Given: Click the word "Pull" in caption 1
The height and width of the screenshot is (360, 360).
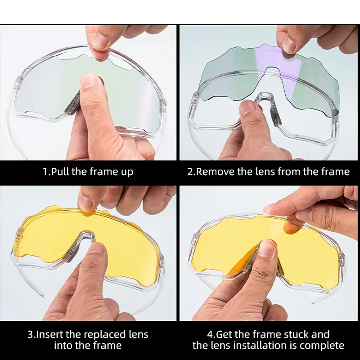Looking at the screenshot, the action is click(x=60, y=172).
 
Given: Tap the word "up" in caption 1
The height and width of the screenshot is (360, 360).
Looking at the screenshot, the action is click(x=127, y=173).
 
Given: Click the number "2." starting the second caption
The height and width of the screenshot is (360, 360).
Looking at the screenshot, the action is click(x=191, y=172).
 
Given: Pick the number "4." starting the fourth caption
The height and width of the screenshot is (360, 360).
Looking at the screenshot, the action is click(x=211, y=334).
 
